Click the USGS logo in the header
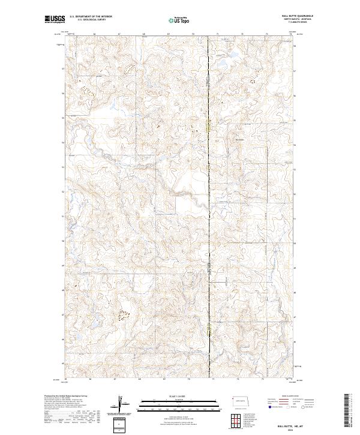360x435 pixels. [55, 20]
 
